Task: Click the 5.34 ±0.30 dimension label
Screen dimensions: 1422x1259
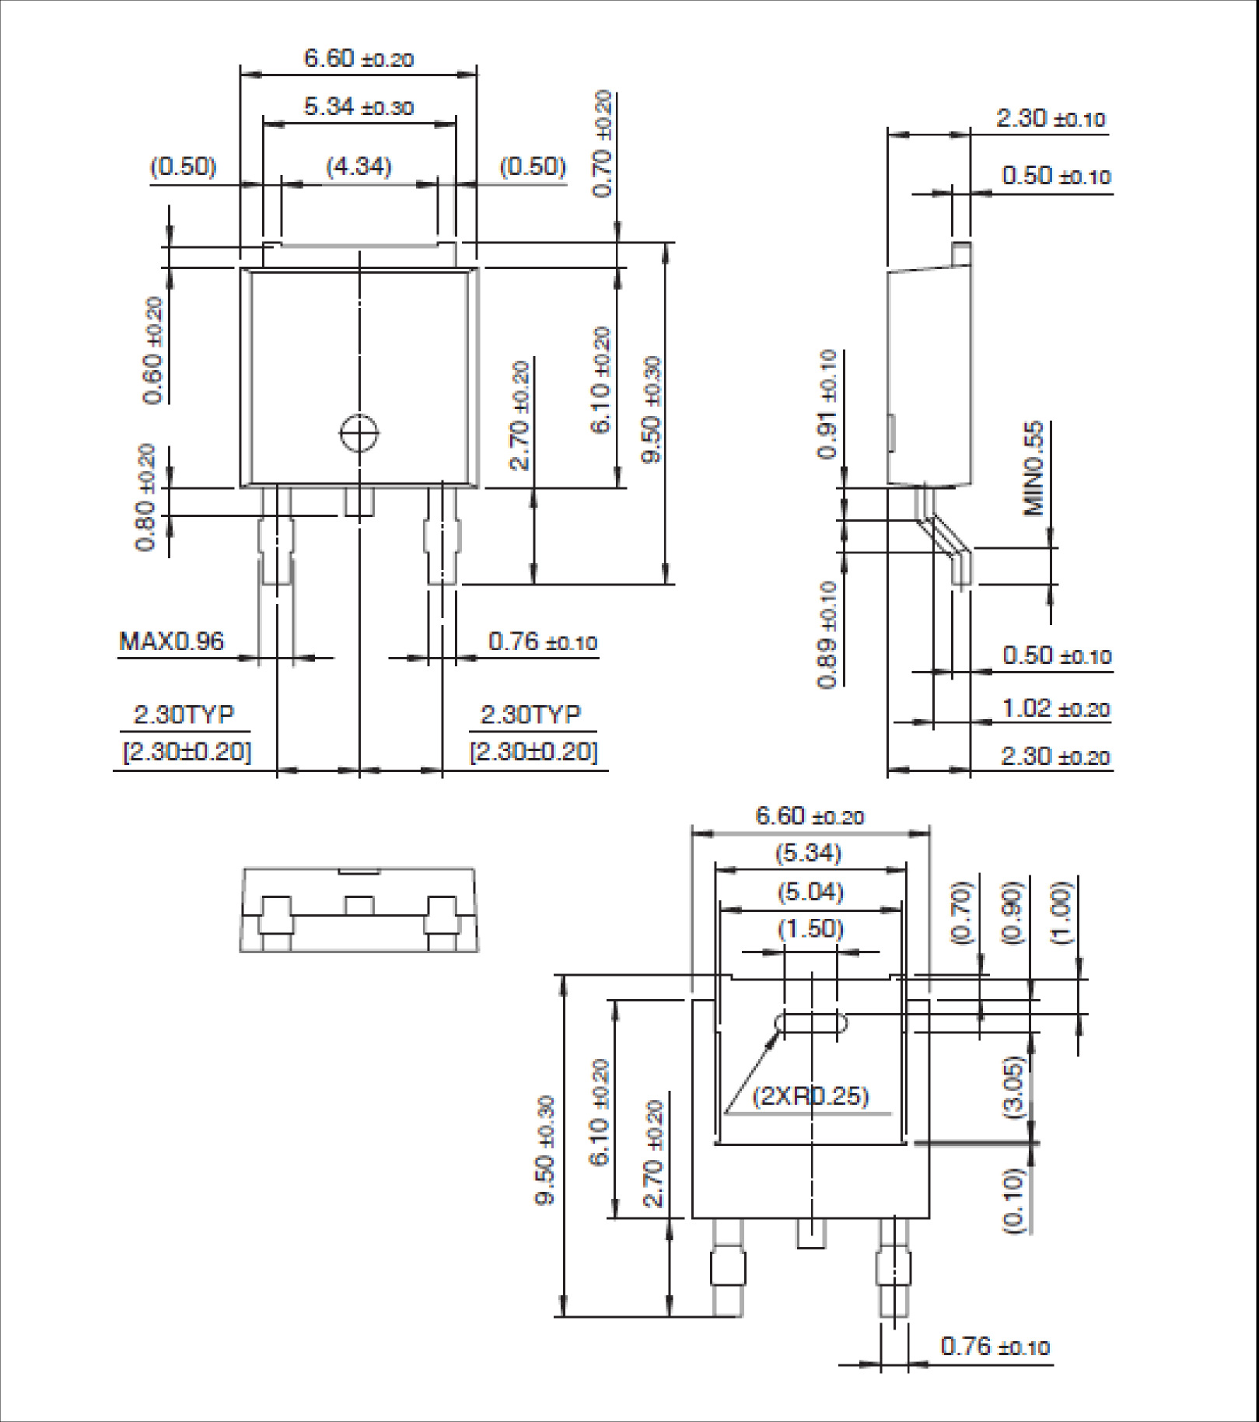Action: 358,107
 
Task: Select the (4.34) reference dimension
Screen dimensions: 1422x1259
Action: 358,166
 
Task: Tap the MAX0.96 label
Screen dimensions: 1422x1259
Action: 171,641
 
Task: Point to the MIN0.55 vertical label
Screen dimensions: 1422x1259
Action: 1033,469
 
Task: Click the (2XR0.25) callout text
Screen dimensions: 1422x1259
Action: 810,1096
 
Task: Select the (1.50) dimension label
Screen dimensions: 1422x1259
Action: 810,928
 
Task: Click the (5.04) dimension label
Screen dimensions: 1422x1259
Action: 810,891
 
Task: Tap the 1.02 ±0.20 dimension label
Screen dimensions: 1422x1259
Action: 1055,709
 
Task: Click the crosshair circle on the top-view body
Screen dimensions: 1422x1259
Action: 359,433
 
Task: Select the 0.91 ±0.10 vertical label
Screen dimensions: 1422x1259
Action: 828,404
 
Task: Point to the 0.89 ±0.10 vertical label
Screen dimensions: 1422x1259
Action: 828,634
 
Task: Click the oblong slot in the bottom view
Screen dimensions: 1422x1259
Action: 812,1022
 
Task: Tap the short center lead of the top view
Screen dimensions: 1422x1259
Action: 358,502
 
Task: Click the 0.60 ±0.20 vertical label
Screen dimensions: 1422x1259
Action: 153,350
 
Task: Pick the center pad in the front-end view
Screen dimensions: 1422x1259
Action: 358,905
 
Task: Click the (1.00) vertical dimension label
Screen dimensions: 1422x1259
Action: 1062,913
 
